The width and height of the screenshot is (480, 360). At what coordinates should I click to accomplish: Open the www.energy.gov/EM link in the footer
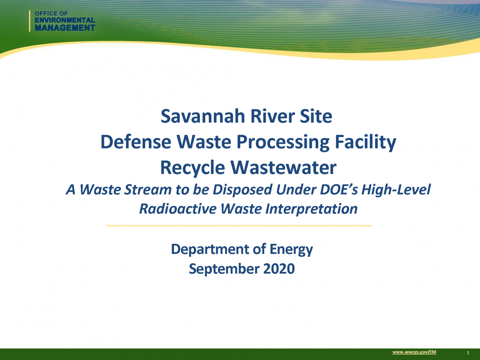pos(414,352)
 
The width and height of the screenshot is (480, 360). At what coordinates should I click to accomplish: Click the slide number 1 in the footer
pos(469,352)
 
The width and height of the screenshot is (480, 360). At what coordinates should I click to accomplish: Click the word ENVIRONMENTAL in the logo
pos(65,20)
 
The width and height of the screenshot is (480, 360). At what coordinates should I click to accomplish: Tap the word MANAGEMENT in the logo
pos(65,28)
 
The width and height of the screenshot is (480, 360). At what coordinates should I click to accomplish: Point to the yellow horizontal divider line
pos(239,226)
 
